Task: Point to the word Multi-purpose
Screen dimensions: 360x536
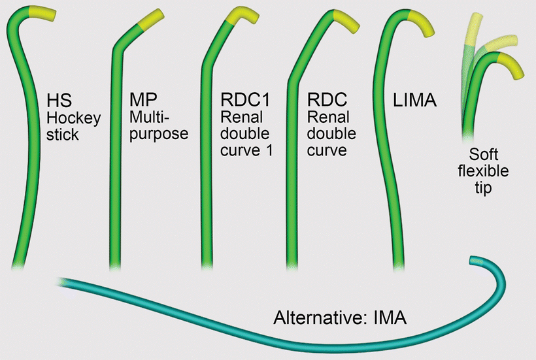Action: (x=159, y=127)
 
